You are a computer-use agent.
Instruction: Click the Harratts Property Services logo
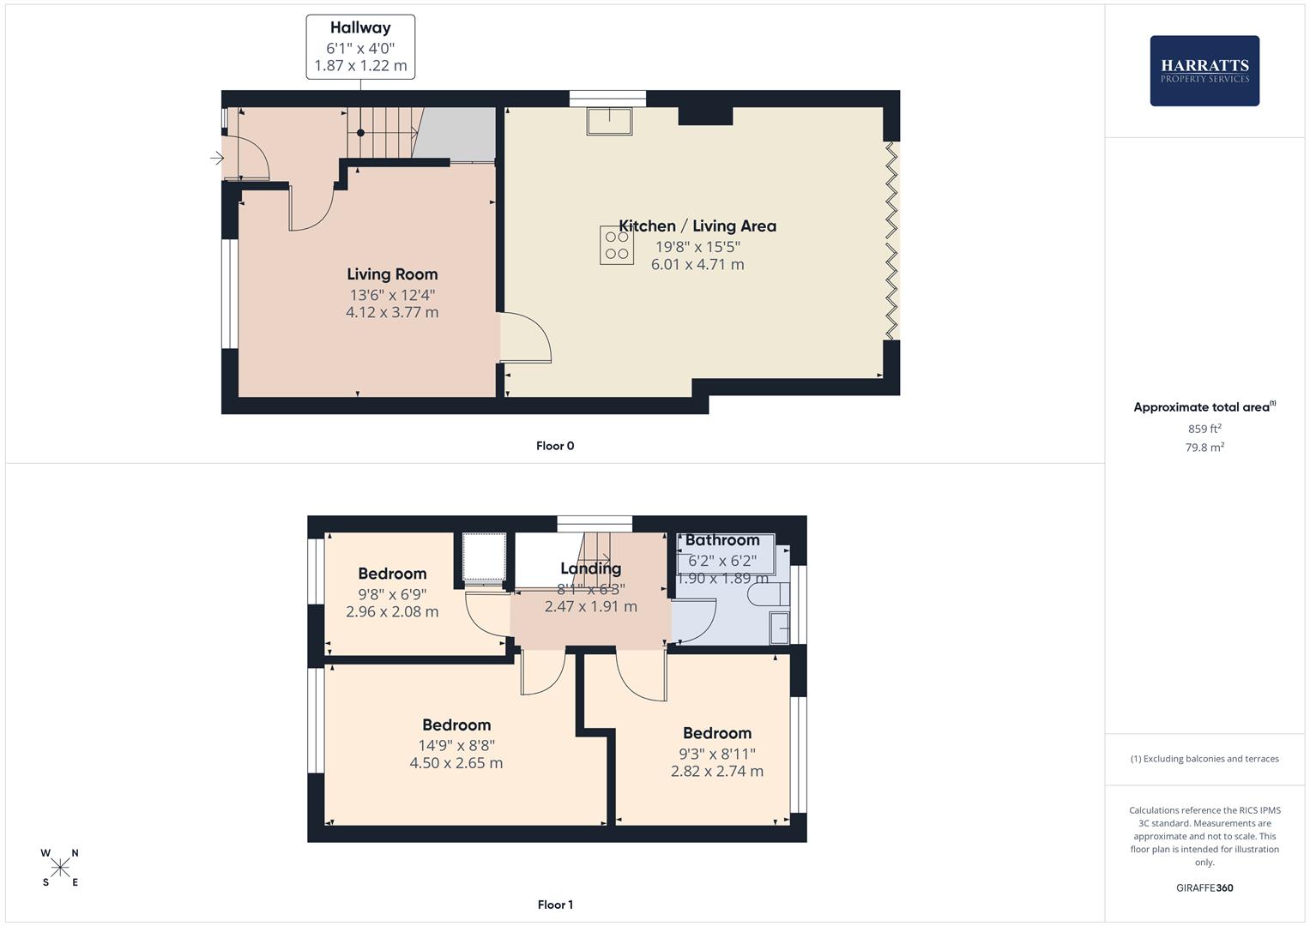click(x=1204, y=70)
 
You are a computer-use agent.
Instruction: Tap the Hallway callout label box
click(x=360, y=47)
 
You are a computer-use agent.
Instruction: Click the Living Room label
click(x=392, y=274)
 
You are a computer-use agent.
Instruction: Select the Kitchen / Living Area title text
click(x=697, y=226)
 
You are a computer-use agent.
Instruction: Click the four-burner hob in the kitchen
click(x=616, y=244)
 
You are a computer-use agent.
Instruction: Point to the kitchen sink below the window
click(x=608, y=121)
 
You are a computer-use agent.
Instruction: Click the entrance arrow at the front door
click(x=216, y=158)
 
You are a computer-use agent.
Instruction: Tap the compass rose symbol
click(x=60, y=868)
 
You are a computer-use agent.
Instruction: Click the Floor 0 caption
click(x=555, y=446)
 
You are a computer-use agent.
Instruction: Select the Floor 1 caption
click(x=555, y=905)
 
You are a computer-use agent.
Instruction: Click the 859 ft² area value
click(x=1204, y=429)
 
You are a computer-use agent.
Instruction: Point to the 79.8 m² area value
click(x=1204, y=448)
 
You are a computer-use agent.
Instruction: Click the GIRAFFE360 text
click(x=1204, y=888)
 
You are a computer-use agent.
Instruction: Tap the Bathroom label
click(x=722, y=540)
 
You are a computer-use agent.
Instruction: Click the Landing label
click(x=590, y=568)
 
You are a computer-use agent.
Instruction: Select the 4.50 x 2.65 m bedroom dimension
click(x=456, y=763)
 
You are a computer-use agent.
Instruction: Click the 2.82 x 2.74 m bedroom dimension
click(x=717, y=771)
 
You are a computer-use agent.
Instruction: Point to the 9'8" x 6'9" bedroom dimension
click(x=392, y=594)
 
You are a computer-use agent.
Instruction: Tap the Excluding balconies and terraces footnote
click(x=1204, y=759)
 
